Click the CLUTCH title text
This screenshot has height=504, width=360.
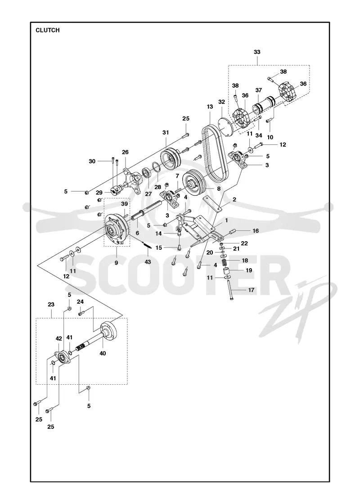48,30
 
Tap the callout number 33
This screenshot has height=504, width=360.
257,52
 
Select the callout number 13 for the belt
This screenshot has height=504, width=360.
210,106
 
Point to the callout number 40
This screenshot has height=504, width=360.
103,353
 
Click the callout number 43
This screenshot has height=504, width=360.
148,262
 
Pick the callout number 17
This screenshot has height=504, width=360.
251,290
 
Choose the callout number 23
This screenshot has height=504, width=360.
51,304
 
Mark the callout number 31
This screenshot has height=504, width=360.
166,132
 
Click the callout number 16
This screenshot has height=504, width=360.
256,231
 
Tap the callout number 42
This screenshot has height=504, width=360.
58,338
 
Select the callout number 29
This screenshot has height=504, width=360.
99,193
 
